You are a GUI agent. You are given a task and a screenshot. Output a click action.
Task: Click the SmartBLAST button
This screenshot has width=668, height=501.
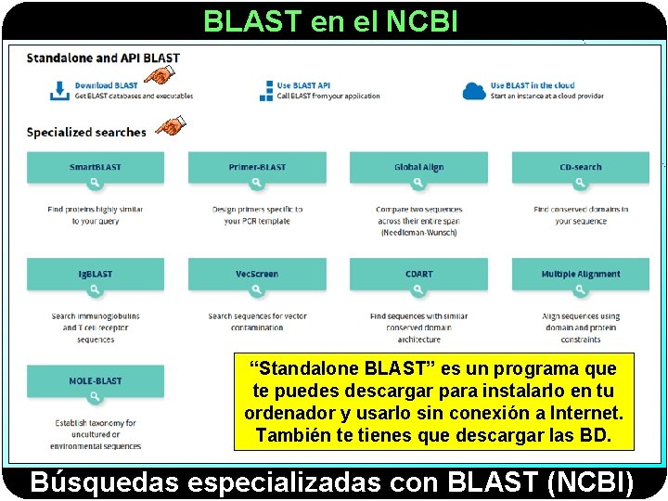[x=96, y=168]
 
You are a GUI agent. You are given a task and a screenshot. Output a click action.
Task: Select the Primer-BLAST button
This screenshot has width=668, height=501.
[x=257, y=168]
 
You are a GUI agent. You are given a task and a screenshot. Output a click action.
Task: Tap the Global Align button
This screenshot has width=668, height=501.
[x=418, y=168]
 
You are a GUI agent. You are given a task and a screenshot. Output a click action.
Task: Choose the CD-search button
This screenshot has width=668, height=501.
[x=581, y=168]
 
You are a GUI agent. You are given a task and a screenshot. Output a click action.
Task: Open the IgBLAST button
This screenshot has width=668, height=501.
[x=96, y=275]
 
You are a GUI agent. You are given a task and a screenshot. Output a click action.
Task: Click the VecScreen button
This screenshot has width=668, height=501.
[x=257, y=275]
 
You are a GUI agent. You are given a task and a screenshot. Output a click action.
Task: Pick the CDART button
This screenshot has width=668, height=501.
[x=418, y=275]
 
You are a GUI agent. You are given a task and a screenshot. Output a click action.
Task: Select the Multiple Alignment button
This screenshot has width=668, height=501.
[x=581, y=275]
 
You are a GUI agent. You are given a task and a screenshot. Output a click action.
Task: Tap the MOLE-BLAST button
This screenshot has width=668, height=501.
[x=96, y=381]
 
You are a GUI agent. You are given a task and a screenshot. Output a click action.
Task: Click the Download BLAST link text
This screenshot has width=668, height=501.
[x=107, y=85]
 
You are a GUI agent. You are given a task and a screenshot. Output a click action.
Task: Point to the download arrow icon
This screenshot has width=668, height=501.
[x=58, y=91]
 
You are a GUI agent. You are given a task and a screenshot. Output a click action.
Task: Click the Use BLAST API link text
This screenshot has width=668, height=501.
[x=303, y=85]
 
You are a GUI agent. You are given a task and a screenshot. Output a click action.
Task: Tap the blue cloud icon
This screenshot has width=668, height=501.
[x=474, y=91]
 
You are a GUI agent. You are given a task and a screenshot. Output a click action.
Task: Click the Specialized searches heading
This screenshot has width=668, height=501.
[x=86, y=132]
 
